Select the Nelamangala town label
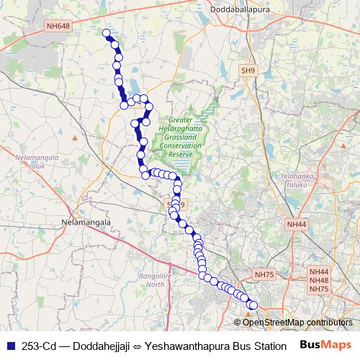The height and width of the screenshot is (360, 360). point(86,222)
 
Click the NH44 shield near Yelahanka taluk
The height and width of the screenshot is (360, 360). point(295,225)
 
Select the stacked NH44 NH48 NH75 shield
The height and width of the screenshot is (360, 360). point(318,279)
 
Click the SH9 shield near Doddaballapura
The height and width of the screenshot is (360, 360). point(248,71)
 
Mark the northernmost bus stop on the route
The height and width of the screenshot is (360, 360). point(107,33)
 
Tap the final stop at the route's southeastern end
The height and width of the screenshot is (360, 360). point(253,305)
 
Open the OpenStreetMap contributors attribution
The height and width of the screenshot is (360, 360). point(297,322)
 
